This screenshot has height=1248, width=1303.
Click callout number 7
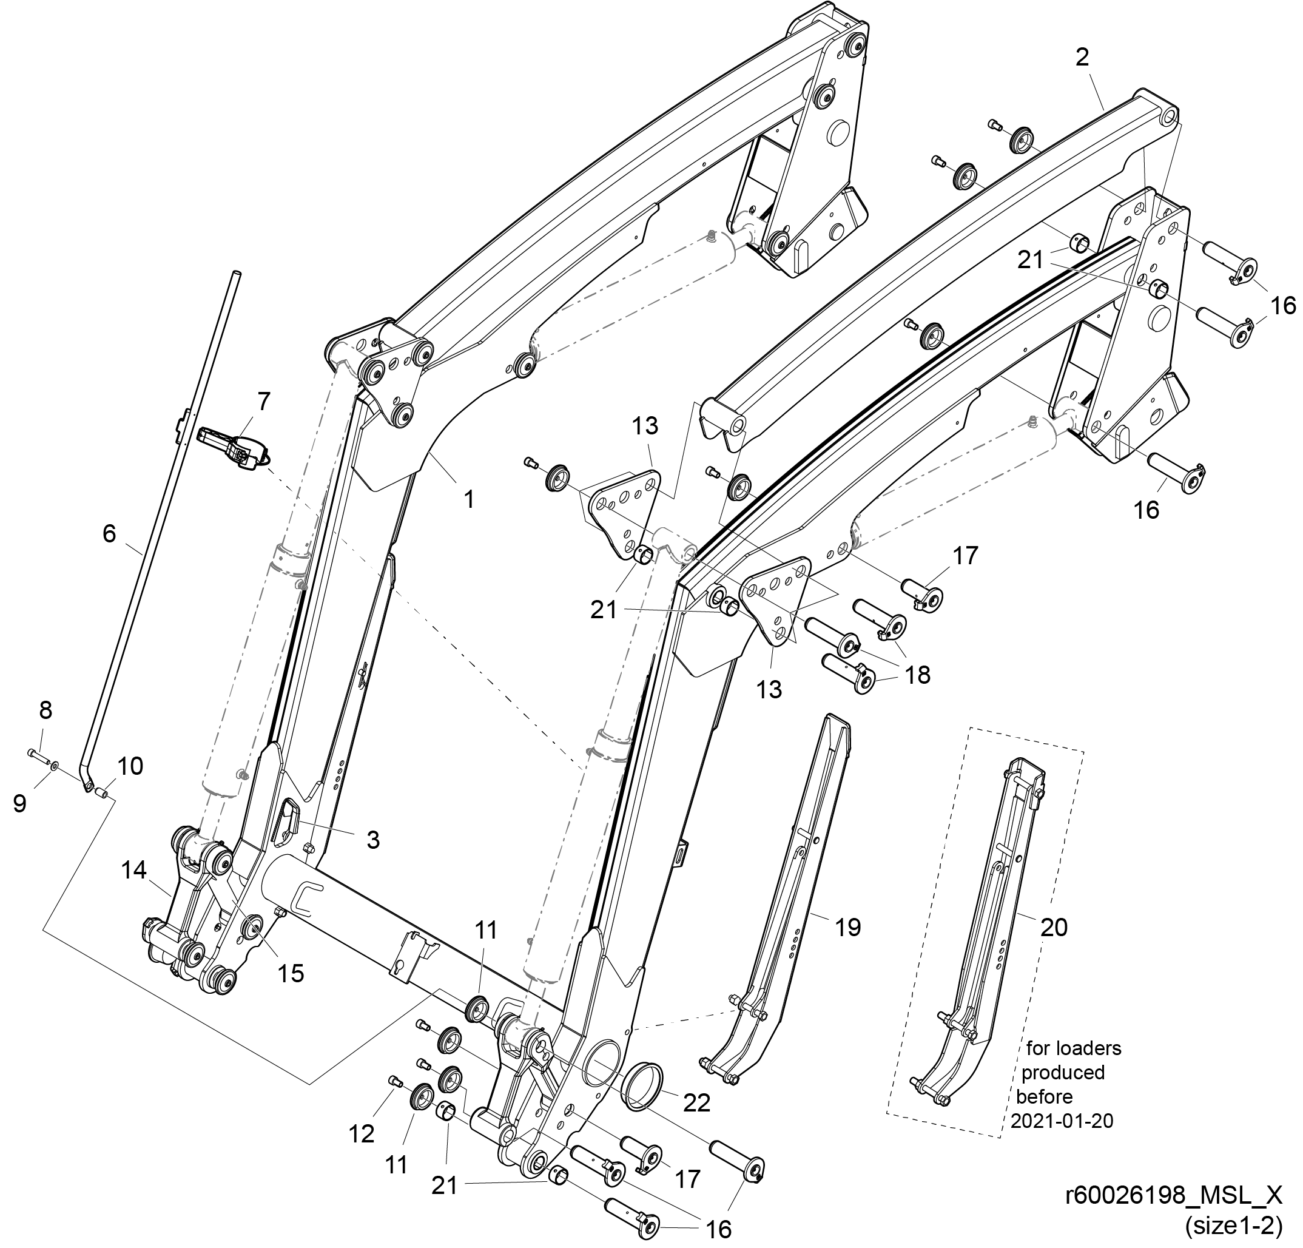263,402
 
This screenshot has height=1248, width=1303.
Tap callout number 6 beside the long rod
110,533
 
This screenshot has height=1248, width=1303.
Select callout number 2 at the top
1082,58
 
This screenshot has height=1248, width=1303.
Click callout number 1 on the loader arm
470,499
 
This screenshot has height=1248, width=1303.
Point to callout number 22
698,1102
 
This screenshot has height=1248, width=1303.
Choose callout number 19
847,927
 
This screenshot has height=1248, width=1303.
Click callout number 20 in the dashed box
1054,927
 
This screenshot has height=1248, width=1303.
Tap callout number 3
373,840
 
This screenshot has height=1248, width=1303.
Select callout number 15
291,973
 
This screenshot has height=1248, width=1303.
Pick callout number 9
20,803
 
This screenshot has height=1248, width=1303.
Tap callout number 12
362,1134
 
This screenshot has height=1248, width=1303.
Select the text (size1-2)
1233,1227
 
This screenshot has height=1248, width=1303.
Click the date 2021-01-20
1062,1121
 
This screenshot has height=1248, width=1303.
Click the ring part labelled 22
642,1084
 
